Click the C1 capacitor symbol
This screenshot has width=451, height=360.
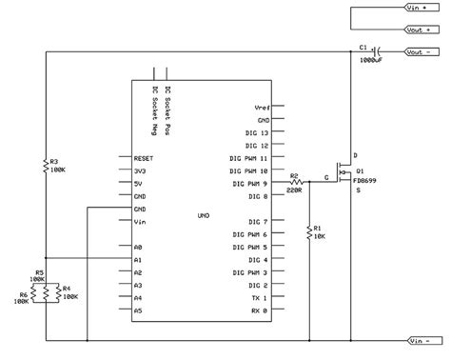point(378,51)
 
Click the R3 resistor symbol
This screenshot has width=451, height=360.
point(47,166)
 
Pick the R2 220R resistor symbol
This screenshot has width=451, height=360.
point(297,183)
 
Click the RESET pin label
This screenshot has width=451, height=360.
point(146,158)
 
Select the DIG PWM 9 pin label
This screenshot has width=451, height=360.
point(249,183)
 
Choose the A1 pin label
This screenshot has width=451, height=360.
point(139,259)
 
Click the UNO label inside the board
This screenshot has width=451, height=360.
point(203,215)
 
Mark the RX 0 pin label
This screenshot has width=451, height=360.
point(260,310)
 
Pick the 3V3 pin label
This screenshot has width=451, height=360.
point(141,170)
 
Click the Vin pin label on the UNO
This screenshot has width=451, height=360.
point(141,221)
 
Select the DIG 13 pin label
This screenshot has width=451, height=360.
point(258,133)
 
